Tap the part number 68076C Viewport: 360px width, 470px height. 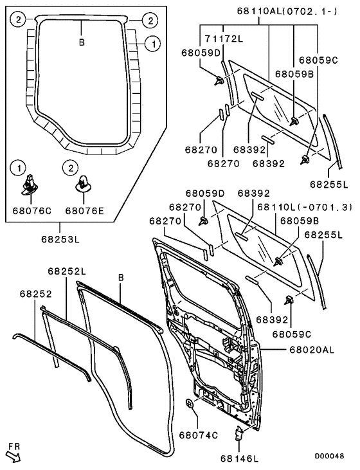pyautogui.click(x=28, y=210)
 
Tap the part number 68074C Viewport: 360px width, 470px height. pyautogui.click(x=197, y=435)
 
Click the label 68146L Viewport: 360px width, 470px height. pyautogui.click(x=239, y=458)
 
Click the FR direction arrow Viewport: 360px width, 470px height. pyautogui.click(x=14, y=458)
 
